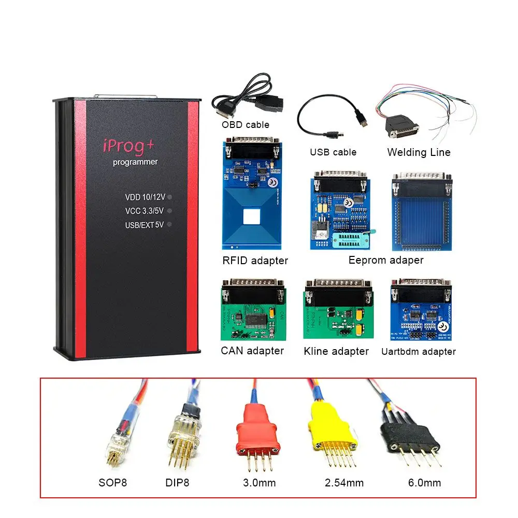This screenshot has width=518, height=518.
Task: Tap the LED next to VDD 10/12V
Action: [170, 197]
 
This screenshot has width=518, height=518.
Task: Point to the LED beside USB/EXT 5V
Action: [170, 224]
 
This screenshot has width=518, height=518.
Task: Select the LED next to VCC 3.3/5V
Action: [170, 211]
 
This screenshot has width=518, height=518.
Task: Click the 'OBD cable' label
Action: [246, 124]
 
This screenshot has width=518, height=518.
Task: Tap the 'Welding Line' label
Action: [419, 152]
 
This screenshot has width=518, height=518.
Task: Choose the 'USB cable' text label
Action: [333, 152]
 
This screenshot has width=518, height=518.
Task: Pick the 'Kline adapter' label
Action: [336, 351]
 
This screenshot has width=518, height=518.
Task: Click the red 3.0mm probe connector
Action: [254, 432]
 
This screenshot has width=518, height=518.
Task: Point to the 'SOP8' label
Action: [112, 483]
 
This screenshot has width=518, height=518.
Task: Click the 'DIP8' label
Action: [177, 483]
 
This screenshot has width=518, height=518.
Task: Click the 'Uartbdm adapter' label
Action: [419, 352]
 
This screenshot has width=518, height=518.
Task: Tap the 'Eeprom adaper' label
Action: [386, 260]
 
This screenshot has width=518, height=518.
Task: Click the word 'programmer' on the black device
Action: [136, 162]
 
